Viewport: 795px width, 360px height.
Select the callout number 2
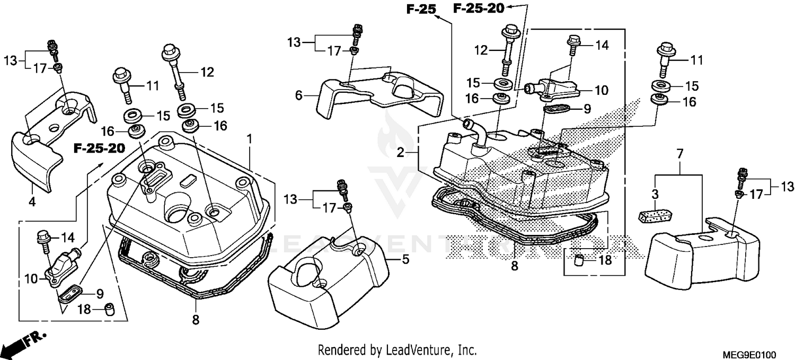[x=401, y=153]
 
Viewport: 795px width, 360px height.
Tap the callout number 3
[x=655, y=194]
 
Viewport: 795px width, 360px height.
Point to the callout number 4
[x=32, y=202]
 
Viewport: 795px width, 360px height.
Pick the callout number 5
[x=405, y=259]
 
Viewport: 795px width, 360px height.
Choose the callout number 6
[x=299, y=95]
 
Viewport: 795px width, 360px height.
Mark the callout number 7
[x=680, y=154]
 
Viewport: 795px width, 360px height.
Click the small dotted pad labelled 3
[x=656, y=216]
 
